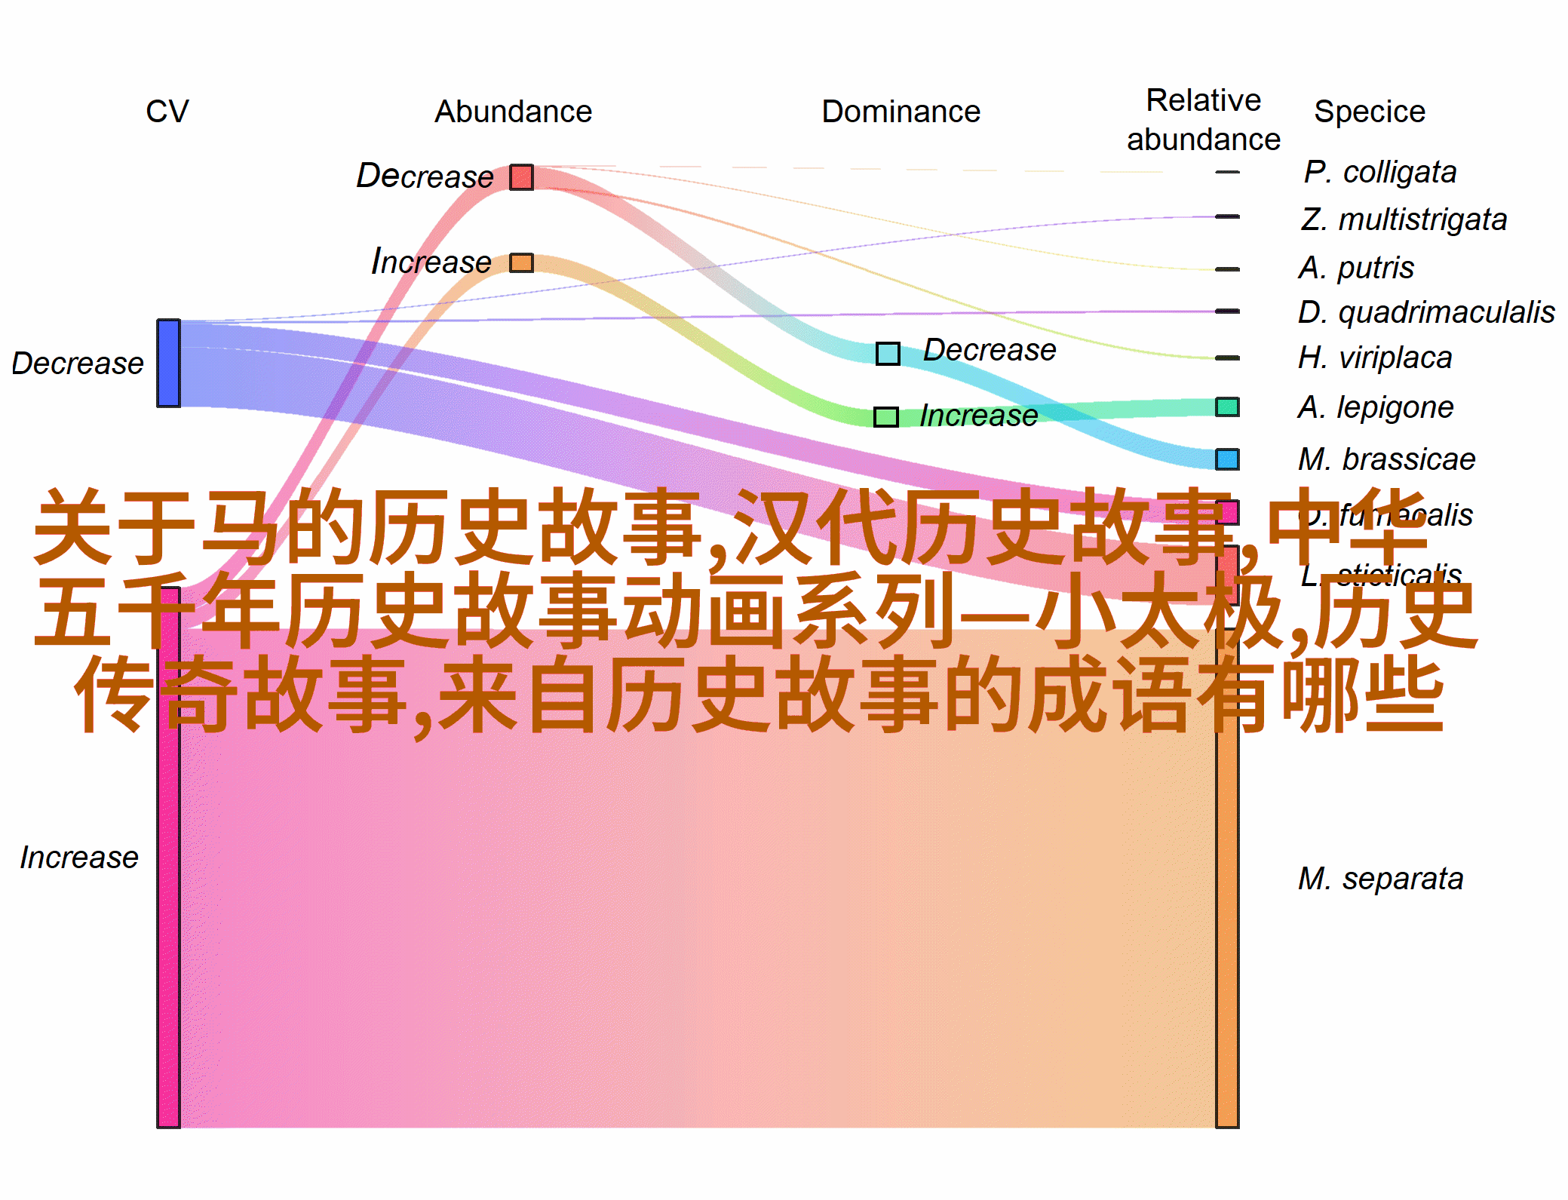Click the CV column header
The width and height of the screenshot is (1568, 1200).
(x=167, y=112)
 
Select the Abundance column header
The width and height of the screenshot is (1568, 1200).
(x=513, y=112)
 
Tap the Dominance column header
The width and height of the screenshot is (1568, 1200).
(x=901, y=112)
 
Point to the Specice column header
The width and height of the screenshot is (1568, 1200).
(x=1369, y=112)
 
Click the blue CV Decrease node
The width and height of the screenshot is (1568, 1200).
(x=168, y=363)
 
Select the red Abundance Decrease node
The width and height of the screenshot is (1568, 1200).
(x=521, y=177)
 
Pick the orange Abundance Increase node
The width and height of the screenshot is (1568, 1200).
(x=521, y=262)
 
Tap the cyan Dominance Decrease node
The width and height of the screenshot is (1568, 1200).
(x=888, y=353)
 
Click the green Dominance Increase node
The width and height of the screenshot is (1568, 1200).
(x=886, y=416)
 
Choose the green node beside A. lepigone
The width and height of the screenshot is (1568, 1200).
(x=1227, y=407)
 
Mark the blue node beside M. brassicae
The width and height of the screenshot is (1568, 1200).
(x=1227, y=459)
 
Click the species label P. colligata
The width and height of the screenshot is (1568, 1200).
(x=1379, y=172)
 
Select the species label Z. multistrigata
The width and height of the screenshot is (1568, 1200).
(x=1404, y=219)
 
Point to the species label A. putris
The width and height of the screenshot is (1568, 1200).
(x=1356, y=268)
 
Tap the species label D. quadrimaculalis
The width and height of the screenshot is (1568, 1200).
(x=1425, y=312)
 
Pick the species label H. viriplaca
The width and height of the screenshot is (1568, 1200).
(x=1375, y=358)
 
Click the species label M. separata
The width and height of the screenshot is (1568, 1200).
(x=1380, y=879)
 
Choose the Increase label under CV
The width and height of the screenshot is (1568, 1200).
(x=79, y=858)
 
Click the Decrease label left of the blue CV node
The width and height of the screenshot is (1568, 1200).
(x=78, y=364)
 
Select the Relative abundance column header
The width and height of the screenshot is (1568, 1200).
(x=1203, y=120)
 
